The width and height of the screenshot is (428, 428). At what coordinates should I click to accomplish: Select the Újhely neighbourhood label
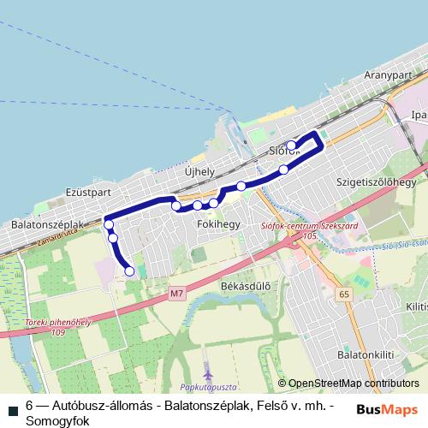pos(199,171)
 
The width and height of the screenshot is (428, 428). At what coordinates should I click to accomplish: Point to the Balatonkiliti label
pos(374,352)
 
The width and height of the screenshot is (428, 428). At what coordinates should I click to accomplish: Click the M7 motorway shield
pos(176,294)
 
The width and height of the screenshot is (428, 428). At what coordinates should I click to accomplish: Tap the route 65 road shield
pos(344,294)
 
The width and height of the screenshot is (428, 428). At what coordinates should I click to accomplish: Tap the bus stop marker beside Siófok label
pos(291,145)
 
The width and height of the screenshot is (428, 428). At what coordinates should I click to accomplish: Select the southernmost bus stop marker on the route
pos(129,271)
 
